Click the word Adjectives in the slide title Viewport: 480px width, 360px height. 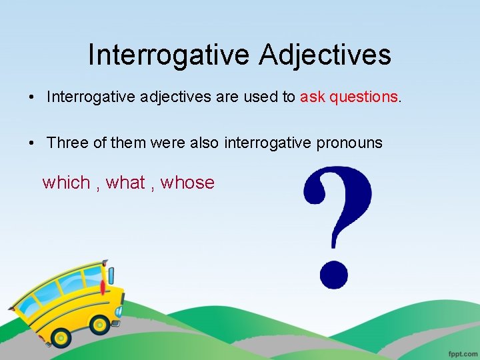pos(325,55)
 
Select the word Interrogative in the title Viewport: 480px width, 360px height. pos(169,55)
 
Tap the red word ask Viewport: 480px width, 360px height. pos(313,97)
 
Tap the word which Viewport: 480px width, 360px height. pos(66,183)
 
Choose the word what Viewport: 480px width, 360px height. pos(125,183)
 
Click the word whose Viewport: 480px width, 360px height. pos(187,183)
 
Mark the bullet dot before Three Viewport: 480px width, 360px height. pos(33,143)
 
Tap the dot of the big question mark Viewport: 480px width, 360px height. pos(334,273)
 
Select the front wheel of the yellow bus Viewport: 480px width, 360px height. pos(100,325)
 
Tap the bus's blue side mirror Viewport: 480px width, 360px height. pos(111,275)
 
